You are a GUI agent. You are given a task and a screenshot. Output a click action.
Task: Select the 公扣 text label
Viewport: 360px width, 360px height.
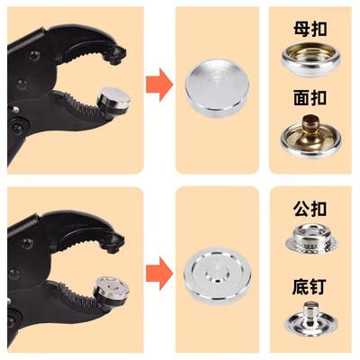[311, 208]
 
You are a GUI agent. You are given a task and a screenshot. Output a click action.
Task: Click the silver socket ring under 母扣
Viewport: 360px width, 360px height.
[311, 60]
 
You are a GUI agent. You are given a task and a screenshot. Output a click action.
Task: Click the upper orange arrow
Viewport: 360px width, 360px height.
[159, 85]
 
